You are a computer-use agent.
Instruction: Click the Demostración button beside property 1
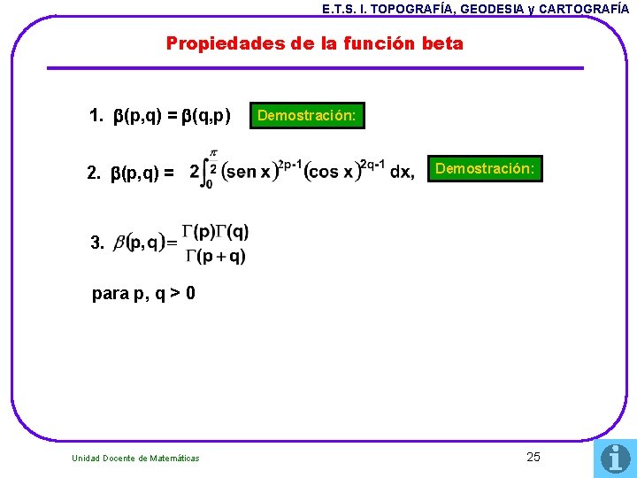tap(306, 116)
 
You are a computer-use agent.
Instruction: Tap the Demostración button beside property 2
tap(484, 168)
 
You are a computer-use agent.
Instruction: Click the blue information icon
tap(615, 458)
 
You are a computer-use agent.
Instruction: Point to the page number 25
tap(533, 457)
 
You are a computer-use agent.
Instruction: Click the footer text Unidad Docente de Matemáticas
tap(135, 458)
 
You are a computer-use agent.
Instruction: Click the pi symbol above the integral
tap(212, 152)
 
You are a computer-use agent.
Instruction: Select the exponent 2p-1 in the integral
tap(290, 164)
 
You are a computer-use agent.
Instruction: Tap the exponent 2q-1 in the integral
tap(370, 164)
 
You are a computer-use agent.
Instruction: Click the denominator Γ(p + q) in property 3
tap(216, 257)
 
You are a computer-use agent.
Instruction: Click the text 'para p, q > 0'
tap(143, 294)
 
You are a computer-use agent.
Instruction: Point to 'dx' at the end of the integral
tap(401, 172)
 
